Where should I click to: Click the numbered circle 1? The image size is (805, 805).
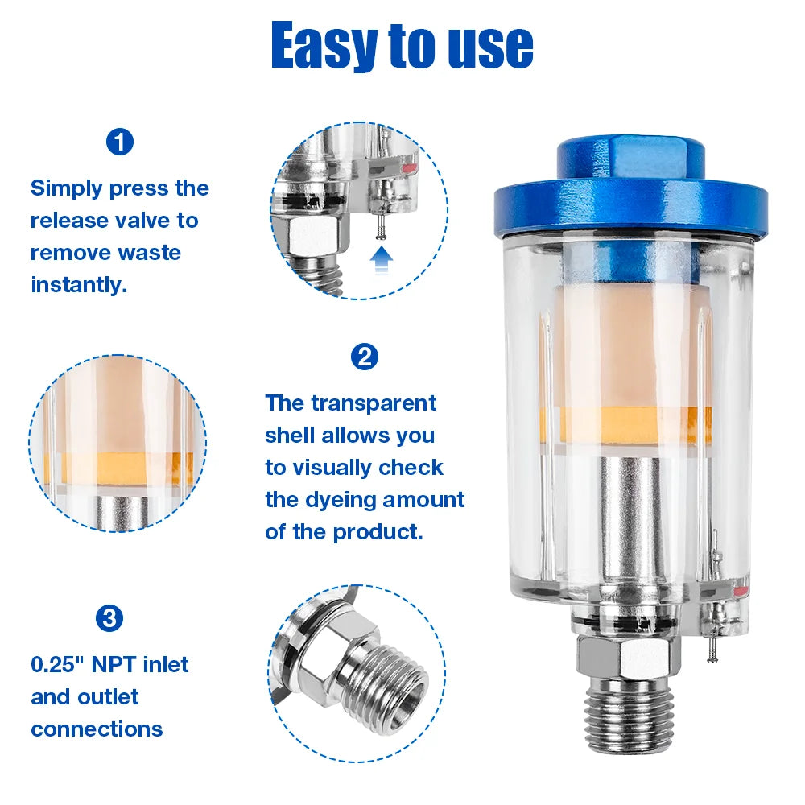click(120, 142)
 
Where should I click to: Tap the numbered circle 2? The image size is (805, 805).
click(365, 357)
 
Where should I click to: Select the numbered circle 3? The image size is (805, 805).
click(109, 618)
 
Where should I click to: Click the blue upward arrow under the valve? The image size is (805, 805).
click(382, 260)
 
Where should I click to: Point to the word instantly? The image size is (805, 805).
click(79, 285)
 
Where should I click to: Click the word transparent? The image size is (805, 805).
click(374, 403)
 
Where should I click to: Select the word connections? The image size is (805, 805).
click(97, 729)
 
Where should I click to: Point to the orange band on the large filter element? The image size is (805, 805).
click(625, 424)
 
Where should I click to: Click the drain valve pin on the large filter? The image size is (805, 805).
click(712, 649)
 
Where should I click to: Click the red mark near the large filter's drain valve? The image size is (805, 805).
click(741, 591)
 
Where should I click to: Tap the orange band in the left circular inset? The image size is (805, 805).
click(119, 468)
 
